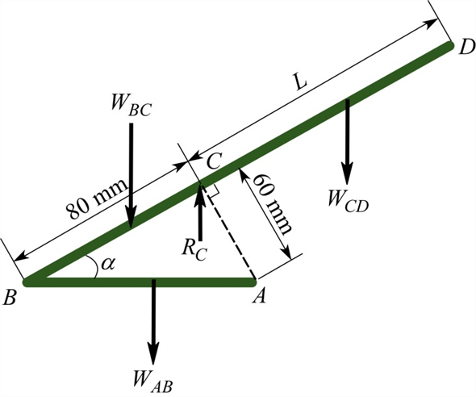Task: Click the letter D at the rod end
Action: click(x=466, y=48)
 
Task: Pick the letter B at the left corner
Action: click(x=10, y=298)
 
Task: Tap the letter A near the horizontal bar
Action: click(x=260, y=298)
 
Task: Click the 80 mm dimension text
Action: click(x=95, y=197)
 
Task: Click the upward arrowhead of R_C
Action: click(x=200, y=192)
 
